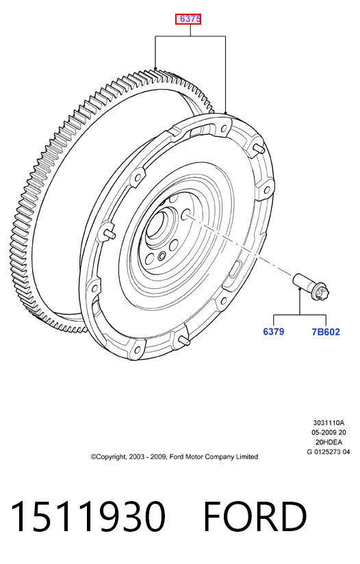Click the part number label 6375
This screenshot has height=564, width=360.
pos(188,18)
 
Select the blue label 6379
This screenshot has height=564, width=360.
pos(274,332)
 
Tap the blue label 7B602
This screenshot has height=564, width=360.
pos(326,332)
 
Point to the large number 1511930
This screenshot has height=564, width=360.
pos(88,517)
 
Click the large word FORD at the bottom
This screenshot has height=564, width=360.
pos(255,517)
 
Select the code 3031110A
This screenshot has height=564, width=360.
pos(329,422)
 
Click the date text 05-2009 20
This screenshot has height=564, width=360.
pos(329,433)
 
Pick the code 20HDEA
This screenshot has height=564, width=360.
pos(329,442)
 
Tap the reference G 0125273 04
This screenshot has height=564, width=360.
pos(329,452)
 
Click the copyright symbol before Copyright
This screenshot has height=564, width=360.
pos(94,457)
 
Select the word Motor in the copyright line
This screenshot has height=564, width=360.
pos(194,457)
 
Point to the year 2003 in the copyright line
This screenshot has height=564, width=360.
pos(136,457)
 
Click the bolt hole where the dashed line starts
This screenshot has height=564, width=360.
pos(186,215)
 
